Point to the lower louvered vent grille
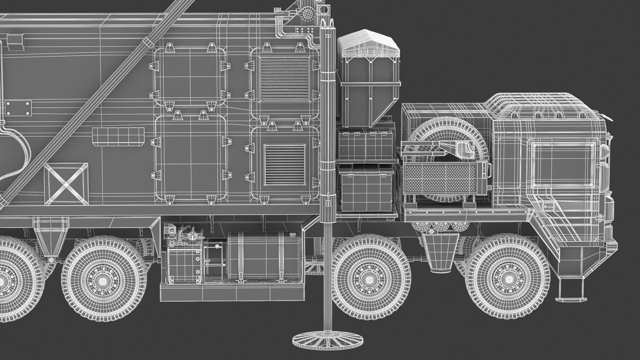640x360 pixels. coord(285,165)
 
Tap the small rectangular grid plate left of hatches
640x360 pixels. coord(118,136)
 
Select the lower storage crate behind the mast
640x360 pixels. coord(366,189)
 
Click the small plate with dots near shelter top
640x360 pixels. coord(304,31)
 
